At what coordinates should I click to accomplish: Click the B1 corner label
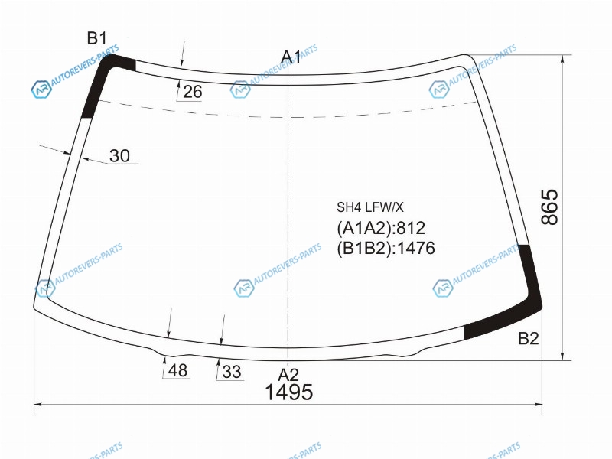coord(96,39)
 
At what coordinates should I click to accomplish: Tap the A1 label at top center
coord(291,57)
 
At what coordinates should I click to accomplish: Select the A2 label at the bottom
coord(288,375)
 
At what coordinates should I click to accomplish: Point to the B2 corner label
coord(529,338)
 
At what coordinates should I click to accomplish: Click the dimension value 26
coord(193,92)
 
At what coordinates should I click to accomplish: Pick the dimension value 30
coord(119,156)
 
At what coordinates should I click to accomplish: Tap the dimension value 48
coord(177,370)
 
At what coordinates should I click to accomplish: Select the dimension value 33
coord(232,372)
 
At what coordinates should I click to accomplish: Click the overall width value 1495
coord(289,392)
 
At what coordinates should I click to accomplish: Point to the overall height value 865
coord(549,207)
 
